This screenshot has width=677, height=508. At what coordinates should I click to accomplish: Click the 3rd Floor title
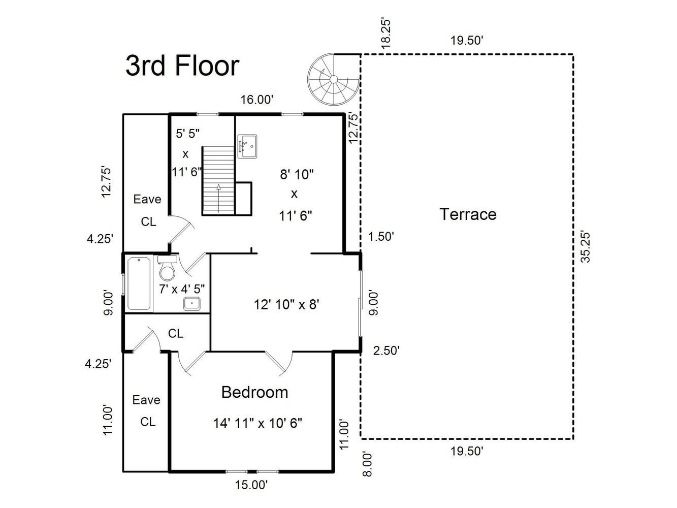pos(182,66)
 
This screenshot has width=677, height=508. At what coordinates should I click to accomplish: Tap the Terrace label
pos(468,214)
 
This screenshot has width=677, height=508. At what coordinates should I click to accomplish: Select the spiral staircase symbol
pos(333,80)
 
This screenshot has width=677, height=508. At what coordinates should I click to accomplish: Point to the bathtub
pos(139,283)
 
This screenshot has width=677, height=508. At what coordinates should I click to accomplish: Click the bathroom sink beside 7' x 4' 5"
pos(192,303)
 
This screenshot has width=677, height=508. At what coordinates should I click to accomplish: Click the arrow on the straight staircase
pos(219,198)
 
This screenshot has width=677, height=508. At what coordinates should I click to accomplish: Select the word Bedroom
pos(255,392)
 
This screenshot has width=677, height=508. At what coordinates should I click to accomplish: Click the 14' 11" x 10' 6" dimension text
pos(257,423)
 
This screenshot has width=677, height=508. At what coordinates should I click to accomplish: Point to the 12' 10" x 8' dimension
pos(286,304)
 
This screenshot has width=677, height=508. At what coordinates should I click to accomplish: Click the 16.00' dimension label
pos(257,100)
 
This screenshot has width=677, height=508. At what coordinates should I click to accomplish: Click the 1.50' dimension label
pos(381,237)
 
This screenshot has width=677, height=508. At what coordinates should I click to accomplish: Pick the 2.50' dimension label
pos(386,351)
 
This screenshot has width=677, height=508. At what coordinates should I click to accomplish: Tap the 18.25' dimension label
pos(386,34)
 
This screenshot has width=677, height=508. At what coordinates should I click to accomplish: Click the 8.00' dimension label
pos(367,464)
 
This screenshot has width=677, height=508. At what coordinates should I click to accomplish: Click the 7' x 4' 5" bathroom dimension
pos(182,289)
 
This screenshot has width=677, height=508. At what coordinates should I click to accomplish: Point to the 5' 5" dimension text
pos(187,134)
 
